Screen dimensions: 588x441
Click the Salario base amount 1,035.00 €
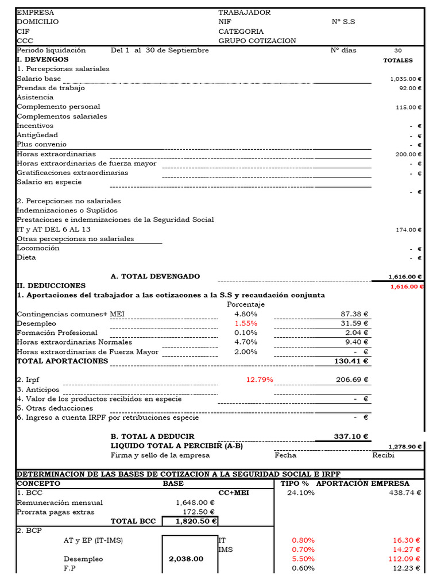(x=406, y=79)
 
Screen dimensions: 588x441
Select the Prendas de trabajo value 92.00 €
(x=410, y=88)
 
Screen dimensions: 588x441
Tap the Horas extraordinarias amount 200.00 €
(x=408, y=154)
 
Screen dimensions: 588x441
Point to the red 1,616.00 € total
(x=407, y=286)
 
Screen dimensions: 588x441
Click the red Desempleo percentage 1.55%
(x=246, y=323)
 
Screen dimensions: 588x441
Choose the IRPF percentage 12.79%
(x=260, y=380)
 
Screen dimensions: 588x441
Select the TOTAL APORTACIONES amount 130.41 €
(x=351, y=361)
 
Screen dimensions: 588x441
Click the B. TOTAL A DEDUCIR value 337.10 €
(x=351, y=436)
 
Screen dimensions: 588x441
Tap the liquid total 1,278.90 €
(x=405, y=446)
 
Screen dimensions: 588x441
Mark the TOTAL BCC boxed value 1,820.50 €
(x=190, y=521)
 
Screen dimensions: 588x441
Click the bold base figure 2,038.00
(x=186, y=558)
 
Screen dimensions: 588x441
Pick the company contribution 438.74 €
(x=405, y=493)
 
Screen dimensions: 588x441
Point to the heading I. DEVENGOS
(x=42, y=60)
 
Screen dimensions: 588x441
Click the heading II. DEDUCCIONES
(x=51, y=285)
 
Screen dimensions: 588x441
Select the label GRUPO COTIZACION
(x=257, y=41)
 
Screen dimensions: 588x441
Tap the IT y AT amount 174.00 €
(x=409, y=230)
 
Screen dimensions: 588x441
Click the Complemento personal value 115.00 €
(x=408, y=107)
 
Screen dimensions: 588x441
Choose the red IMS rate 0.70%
(x=303, y=550)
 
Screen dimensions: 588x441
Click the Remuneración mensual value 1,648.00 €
(x=195, y=502)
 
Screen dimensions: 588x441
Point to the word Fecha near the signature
(x=285, y=455)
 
